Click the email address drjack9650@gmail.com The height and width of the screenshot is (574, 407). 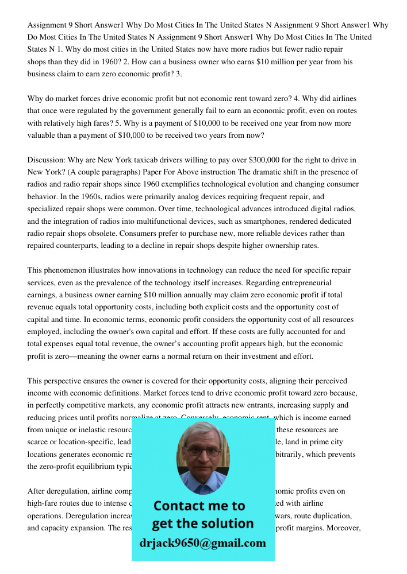202,543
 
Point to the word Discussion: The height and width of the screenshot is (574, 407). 48,160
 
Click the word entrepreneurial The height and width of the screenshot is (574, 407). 308,282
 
